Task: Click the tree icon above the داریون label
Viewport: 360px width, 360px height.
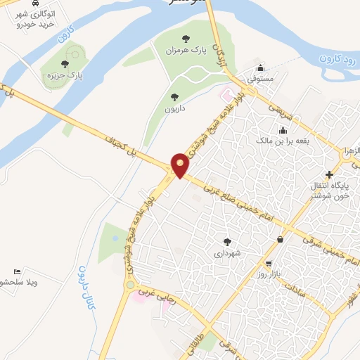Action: pos(174,96)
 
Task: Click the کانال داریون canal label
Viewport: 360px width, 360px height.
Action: pos(84,288)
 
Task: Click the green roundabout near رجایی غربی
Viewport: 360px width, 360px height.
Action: pos(129,285)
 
